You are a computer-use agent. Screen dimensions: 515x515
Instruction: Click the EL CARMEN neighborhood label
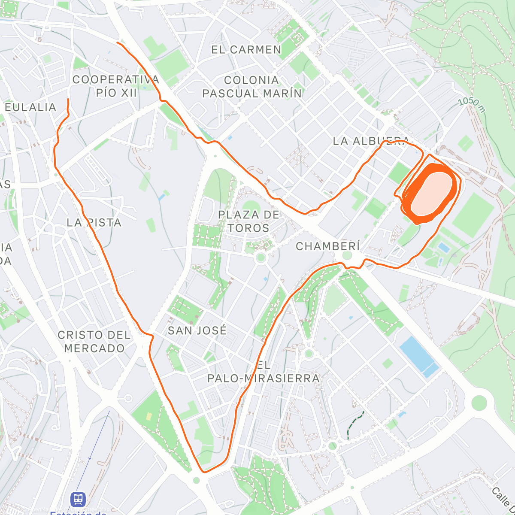[x=246, y=50]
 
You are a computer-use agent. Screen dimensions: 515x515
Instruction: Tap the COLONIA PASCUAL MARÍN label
[x=252, y=87]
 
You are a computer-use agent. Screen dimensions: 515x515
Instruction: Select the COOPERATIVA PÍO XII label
[x=116, y=86]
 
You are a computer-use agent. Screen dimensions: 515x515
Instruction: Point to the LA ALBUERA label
[x=370, y=141]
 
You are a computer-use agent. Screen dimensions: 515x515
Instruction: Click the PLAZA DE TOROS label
[x=248, y=221]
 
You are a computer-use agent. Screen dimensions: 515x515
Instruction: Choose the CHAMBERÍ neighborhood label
[x=327, y=246]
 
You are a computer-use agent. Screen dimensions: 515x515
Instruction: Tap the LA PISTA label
[x=94, y=222]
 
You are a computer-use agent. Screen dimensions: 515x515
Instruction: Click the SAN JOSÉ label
[x=197, y=330]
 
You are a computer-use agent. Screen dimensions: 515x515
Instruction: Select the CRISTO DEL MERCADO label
[x=94, y=342]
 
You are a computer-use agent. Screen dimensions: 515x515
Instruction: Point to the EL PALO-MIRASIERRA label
[x=264, y=372]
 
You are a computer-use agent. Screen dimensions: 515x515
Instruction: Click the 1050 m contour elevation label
[x=472, y=105]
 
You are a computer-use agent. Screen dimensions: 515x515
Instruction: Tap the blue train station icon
[x=78, y=499]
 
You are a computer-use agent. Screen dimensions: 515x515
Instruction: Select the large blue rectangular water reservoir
[x=419, y=357]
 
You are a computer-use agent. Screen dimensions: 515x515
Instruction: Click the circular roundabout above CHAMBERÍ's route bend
[x=347, y=256]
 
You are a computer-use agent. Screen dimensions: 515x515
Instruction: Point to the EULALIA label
[x=30, y=107]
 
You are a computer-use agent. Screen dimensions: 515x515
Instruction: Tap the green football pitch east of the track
[x=473, y=215]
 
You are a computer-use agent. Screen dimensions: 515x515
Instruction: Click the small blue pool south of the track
[x=443, y=248]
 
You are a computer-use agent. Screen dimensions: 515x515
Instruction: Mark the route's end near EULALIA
[x=68, y=100]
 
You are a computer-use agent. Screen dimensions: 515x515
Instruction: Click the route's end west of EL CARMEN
[x=118, y=42]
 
